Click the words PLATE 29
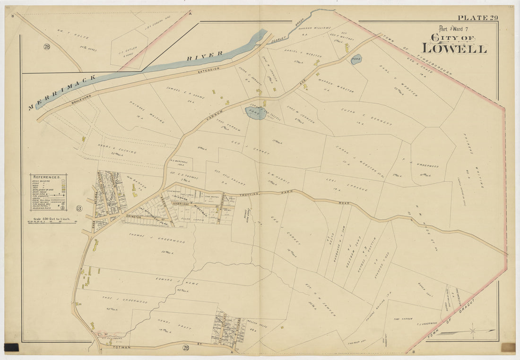point(478,18)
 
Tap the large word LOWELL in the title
point(454,48)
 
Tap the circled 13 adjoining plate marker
point(79,209)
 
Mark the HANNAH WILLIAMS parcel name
point(314,29)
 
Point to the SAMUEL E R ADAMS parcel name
point(185,94)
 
